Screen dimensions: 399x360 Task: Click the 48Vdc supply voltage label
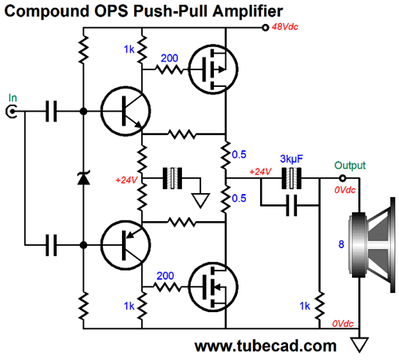tap(285, 27)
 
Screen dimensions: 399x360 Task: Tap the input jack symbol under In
tap(11, 112)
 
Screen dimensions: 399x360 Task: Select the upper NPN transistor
tap(125, 111)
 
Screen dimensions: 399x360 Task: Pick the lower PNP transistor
tap(125, 245)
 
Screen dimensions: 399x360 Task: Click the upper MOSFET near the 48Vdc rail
tap(213, 69)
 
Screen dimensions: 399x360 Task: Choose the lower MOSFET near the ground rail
tap(213, 287)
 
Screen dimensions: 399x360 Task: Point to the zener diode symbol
tap(84, 178)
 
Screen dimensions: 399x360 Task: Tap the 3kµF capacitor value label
tap(291, 159)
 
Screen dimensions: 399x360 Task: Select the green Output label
tap(350, 165)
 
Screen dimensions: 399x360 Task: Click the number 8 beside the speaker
tap(342, 244)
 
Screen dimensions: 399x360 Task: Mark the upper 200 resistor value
tap(169, 58)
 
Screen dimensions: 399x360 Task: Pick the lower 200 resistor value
tap(165, 276)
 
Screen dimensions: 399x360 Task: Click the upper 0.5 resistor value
tap(239, 155)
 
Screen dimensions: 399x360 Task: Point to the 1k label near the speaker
tap(305, 306)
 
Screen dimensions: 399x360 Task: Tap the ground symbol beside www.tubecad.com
tap(359, 345)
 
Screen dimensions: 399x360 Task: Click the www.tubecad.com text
tap(266, 346)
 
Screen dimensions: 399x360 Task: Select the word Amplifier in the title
tap(247, 11)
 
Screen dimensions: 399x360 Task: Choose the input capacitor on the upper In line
tap(51, 112)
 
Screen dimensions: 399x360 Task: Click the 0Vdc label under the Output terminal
tap(345, 190)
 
